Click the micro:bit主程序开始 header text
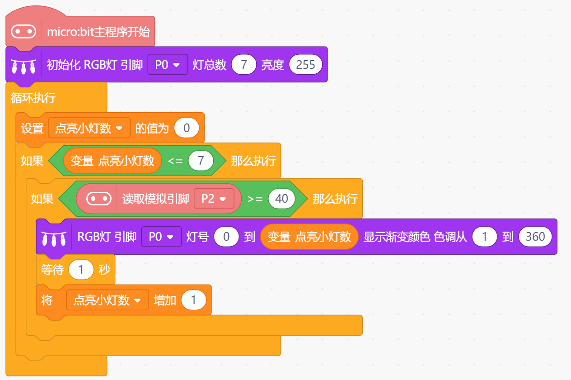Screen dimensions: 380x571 tap(98, 32)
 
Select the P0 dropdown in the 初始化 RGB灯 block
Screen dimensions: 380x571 tap(168, 65)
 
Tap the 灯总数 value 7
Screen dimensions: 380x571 tap(244, 65)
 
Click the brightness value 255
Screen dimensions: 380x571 tap(305, 65)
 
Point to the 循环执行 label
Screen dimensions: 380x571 tap(33, 98)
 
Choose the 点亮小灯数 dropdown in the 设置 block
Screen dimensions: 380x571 tap(89, 128)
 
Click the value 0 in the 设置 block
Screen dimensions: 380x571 tap(187, 128)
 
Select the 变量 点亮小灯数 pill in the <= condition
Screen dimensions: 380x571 tap(112, 161)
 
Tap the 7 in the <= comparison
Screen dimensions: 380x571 tap(201, 161)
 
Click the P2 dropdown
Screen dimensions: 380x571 tap(214, 199)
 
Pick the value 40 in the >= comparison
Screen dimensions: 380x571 tap(281, 199)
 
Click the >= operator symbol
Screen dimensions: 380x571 tap(255, 199)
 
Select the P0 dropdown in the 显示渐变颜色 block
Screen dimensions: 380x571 tap(161, 237)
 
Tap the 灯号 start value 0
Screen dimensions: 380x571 tap(226, 237)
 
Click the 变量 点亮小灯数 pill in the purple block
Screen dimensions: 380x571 tap(309, 237)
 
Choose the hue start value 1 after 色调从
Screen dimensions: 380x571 tap(485, 237)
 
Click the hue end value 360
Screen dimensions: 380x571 tap(535, 237)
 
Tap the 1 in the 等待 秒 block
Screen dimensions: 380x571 tap(81, 270)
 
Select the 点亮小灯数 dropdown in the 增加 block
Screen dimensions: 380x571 tap(108, 300)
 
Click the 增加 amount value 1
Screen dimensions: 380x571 tap(194, 300)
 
